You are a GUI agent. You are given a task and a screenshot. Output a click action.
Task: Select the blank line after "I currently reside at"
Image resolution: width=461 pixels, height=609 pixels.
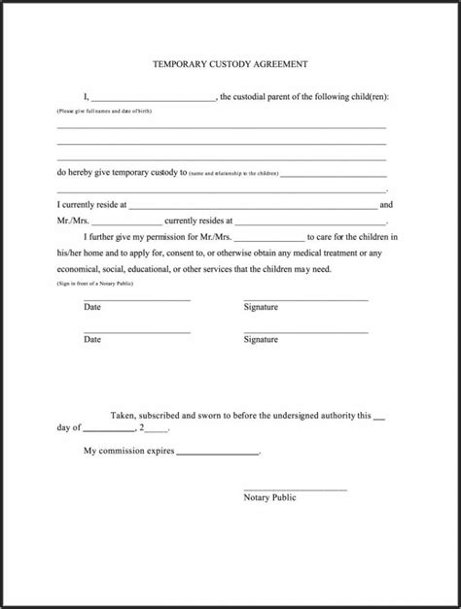coord(253,206)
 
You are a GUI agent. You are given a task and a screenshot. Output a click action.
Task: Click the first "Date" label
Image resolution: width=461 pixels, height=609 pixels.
coord(92,307)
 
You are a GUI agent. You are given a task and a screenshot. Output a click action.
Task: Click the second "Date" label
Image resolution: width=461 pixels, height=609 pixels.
coord(92,340)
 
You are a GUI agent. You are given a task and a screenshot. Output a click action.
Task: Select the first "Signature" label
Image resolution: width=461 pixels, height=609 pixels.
coord(261,307)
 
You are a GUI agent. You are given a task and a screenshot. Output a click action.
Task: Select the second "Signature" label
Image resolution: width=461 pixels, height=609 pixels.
coord(261,340)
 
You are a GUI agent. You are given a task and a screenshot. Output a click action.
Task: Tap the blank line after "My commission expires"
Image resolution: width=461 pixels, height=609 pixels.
coord(218,453)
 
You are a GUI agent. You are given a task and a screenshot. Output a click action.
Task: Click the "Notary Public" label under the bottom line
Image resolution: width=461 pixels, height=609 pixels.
coord(270,497)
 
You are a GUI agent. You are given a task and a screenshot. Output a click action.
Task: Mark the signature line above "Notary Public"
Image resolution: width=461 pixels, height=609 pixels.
coord(295,488)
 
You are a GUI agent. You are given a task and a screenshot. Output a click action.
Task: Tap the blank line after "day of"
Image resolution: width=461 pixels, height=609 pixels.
coord(109,428)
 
